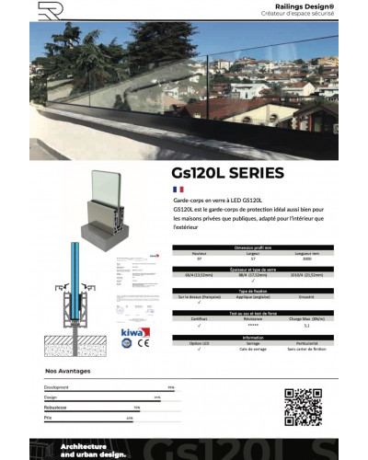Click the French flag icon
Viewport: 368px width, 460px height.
(x=178, y=189)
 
